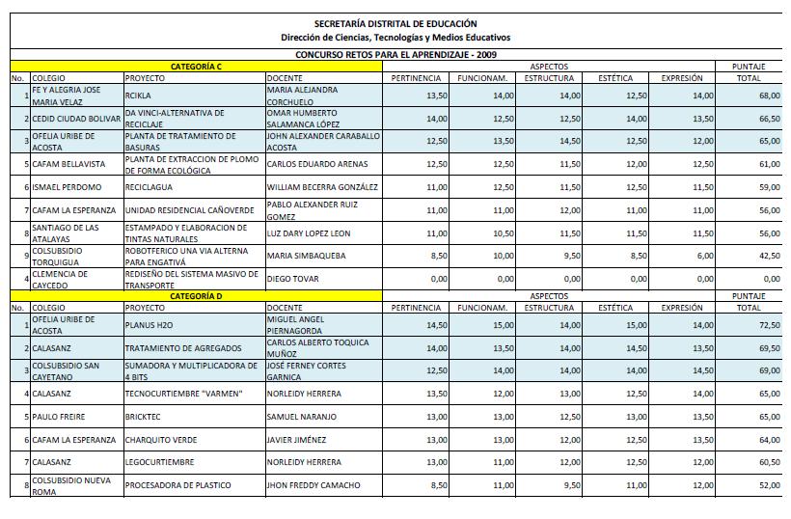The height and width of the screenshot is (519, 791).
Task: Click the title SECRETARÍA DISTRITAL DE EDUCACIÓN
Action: [395, 23]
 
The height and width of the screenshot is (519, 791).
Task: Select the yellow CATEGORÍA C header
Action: [197, 66]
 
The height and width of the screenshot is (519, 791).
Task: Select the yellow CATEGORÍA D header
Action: [197, 295]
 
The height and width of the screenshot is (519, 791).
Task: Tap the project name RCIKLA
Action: [140, 96]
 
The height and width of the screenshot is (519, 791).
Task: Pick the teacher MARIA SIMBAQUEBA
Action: [306, 256]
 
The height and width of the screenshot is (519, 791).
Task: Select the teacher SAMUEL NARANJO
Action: [301, 417]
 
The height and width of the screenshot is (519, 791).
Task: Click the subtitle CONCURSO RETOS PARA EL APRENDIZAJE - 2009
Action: [395, 55]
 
